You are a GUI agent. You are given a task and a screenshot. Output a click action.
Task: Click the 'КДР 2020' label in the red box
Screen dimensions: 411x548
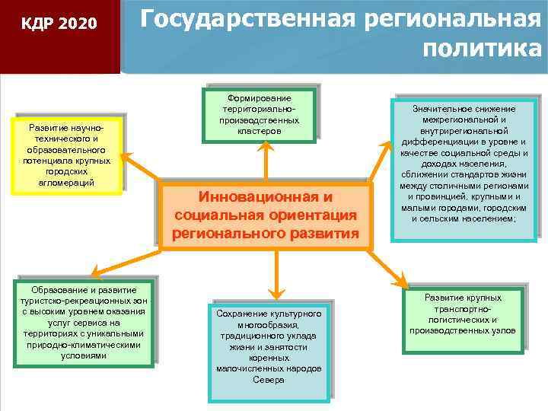click(x=59, y=24)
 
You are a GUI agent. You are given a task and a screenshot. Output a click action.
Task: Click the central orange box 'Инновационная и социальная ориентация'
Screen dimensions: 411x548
click(x=265, y=215)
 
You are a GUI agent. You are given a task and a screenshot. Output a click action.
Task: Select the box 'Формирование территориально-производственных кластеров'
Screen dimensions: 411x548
click(x=260, y=115)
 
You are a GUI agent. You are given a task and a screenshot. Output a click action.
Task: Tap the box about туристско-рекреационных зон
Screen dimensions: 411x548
click(x=84, y=323)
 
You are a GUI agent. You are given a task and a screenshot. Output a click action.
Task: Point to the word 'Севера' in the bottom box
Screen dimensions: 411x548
click(x=268, y=379)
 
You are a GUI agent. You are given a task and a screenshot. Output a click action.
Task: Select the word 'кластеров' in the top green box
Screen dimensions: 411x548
click(x=260, y=132)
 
